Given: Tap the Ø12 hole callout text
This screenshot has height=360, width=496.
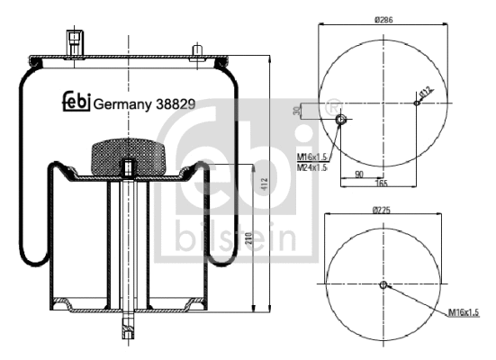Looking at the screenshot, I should (x=427, y=90).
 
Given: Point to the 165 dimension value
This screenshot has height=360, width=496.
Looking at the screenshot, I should (x=382, y=183).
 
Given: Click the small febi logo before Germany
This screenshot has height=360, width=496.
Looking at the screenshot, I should (x=76, y=101).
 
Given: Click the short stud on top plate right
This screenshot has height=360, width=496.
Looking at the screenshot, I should (x=196, y=49).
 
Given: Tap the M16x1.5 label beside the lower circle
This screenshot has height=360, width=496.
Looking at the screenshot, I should (x=464, y=311).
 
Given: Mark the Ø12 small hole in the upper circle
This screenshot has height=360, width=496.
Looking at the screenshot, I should (x=416, y=102).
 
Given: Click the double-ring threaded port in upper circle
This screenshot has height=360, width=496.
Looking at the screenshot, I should (x=341, y=120).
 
